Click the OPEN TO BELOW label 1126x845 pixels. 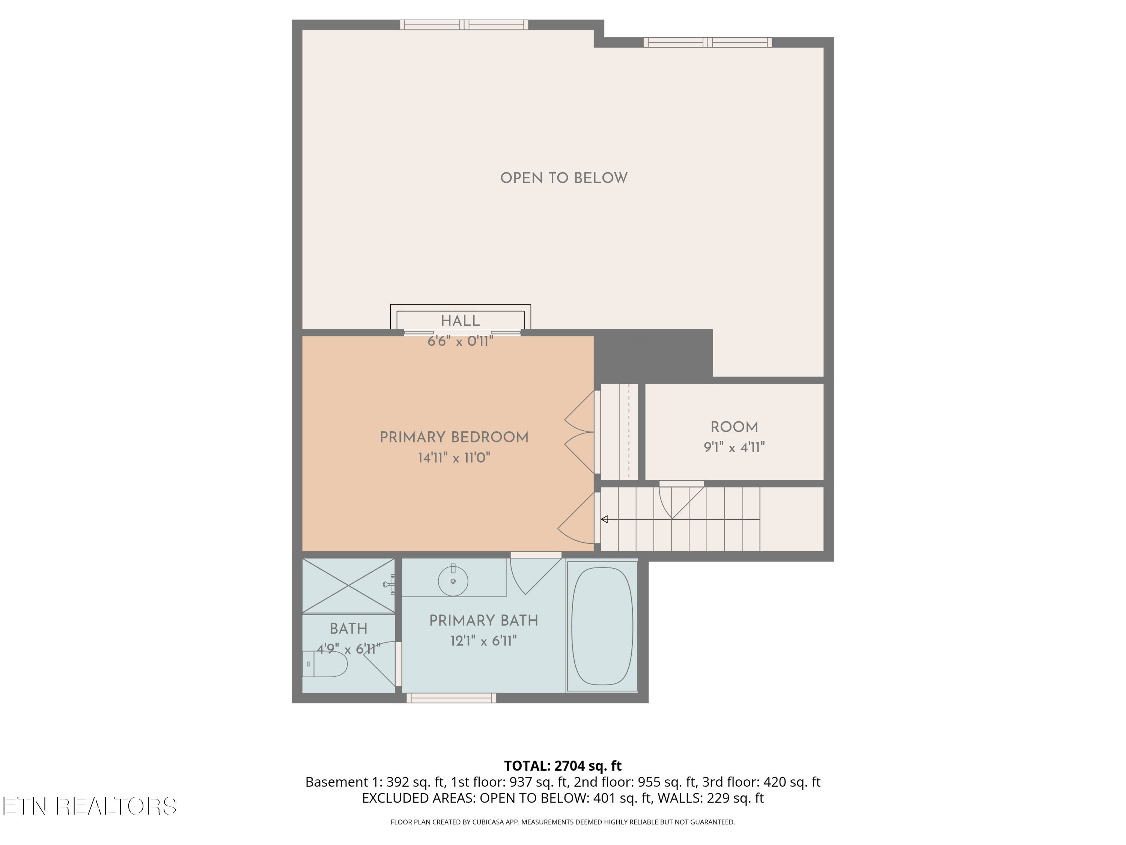pyautogui.click(x=563, y=178)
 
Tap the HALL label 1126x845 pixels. pyautogui.click(x=460, y=321)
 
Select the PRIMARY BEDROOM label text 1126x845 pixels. pyautogui.click(x=454, y=438)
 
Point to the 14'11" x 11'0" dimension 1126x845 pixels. pyautogui.click(x=454, y=458)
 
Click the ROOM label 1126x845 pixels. pyautogui.click(x=734, y=427)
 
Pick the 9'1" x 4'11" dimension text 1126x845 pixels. pyautogui.click(x=734, y=448)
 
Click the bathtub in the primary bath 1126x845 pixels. pyautogui.click(x=602, y=626)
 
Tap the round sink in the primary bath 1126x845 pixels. pyautogui.click(x=453, y=581)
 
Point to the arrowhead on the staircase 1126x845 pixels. pyautogui.click(x=604, y=519)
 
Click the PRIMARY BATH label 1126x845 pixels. pyautogui.click(x=483, y=620)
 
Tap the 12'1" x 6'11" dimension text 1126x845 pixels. pyautogui.click(x=483, y=641)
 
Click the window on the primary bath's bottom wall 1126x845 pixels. pyautogui.click(x=451, y=698)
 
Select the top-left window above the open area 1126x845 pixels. pyautogui.click(x=464, y=24)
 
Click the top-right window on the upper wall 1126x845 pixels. pyautogui.click(x=708, y=42)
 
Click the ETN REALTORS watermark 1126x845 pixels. pyautogui.click(x=90, y=806)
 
